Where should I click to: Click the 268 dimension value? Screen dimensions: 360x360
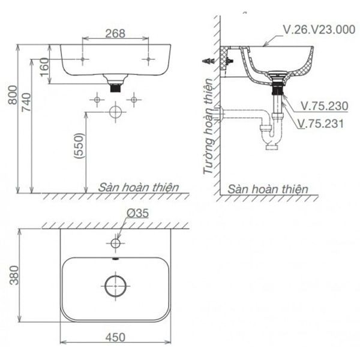[x=115, y=33]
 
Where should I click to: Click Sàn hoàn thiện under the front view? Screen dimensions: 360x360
[x=139, y=187]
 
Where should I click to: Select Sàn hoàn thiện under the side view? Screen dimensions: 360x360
[x=269, y=188]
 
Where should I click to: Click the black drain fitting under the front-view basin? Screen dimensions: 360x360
[x=114, y=85]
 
